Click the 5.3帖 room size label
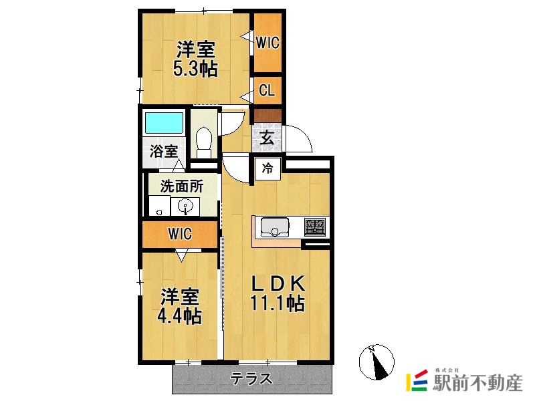tap(195, 69)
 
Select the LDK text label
tap(278, 283)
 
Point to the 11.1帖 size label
tap(278, 303)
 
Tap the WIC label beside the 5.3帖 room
tap(267, 43)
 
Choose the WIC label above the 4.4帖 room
tap(180, 235)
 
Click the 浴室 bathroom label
tap(164, 151)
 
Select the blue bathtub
tap(164, 124)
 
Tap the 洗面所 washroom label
tap(181, 186)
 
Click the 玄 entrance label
tap(266, 138)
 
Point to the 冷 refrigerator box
tap(267, 168)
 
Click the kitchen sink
tap(274, 227)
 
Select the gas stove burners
tap(314, 227)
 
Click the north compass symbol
tap(376, 362)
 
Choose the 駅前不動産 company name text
tap(477, 383)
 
